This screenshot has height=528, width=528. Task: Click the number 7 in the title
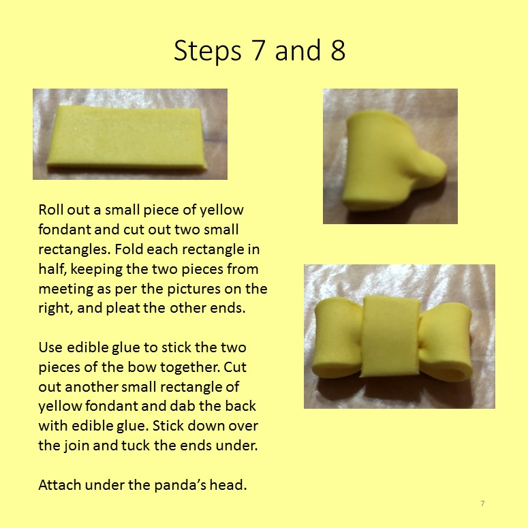(x=259, y=50)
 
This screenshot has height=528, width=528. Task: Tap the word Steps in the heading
(x=207, y=51)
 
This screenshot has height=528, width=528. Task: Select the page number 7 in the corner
(x=482, y=503)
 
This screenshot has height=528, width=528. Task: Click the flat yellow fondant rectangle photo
(x=130, y=134)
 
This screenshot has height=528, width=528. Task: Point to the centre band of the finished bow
(x=391, y=336)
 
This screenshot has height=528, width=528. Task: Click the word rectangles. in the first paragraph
(x=74, y=249)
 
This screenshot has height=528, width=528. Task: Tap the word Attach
(x=59, y=485)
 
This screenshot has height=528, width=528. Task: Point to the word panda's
(x=180, y=486)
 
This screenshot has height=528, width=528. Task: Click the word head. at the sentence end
(x=228, y=485)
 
